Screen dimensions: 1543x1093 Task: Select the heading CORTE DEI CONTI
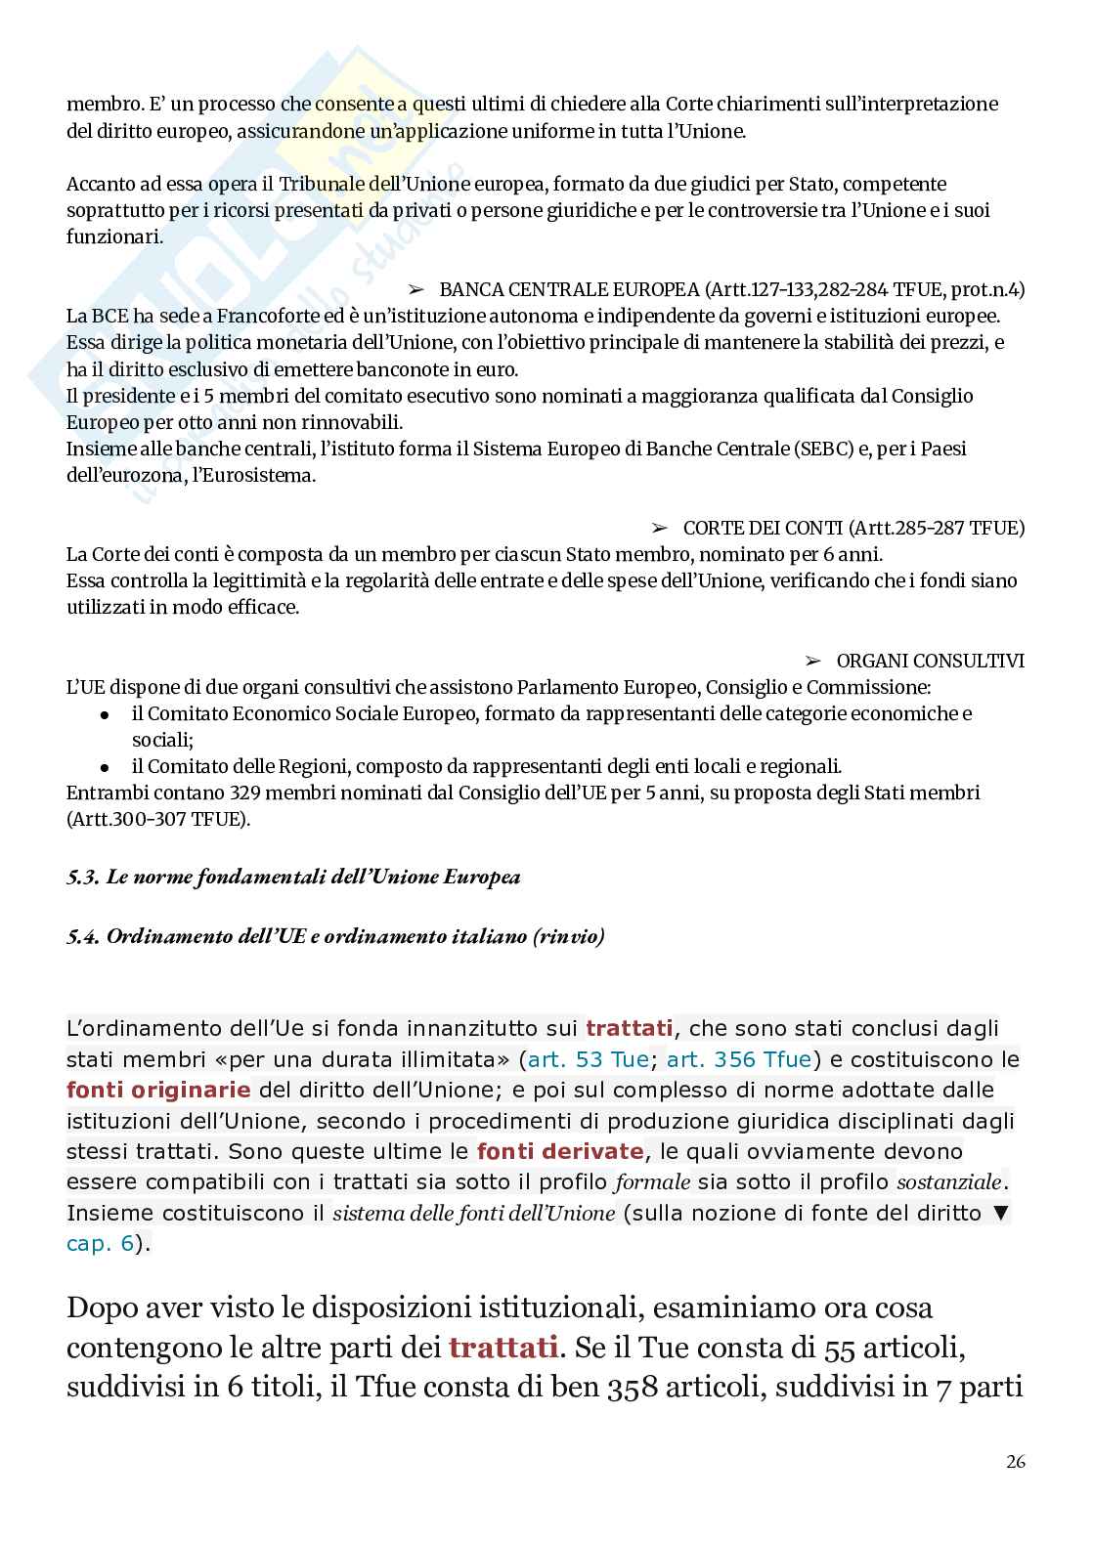tap(762, 528)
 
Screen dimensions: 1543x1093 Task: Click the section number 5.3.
tap(83, 877)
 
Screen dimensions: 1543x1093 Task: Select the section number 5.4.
tap(83, 936)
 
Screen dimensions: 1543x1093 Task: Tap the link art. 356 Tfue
tap(739, 1059)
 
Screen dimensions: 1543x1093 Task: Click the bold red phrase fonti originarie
tap(158, 1090)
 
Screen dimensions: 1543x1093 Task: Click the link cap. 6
tap(99, 1244)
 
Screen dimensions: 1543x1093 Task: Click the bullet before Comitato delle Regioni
tap(105, 767)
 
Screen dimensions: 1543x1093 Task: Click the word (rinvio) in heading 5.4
tap(569, 936)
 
